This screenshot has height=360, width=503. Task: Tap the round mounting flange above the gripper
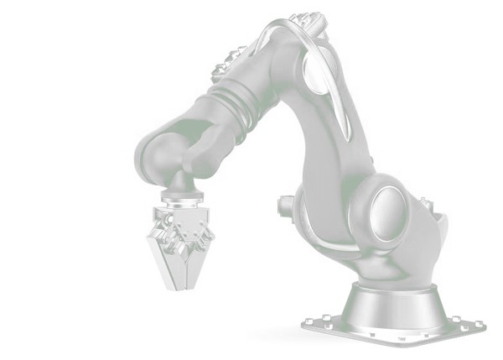pyautogui.click(x=182, y=199)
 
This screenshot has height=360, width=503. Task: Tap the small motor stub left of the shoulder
pyautogui.click(x=286, y=204)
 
